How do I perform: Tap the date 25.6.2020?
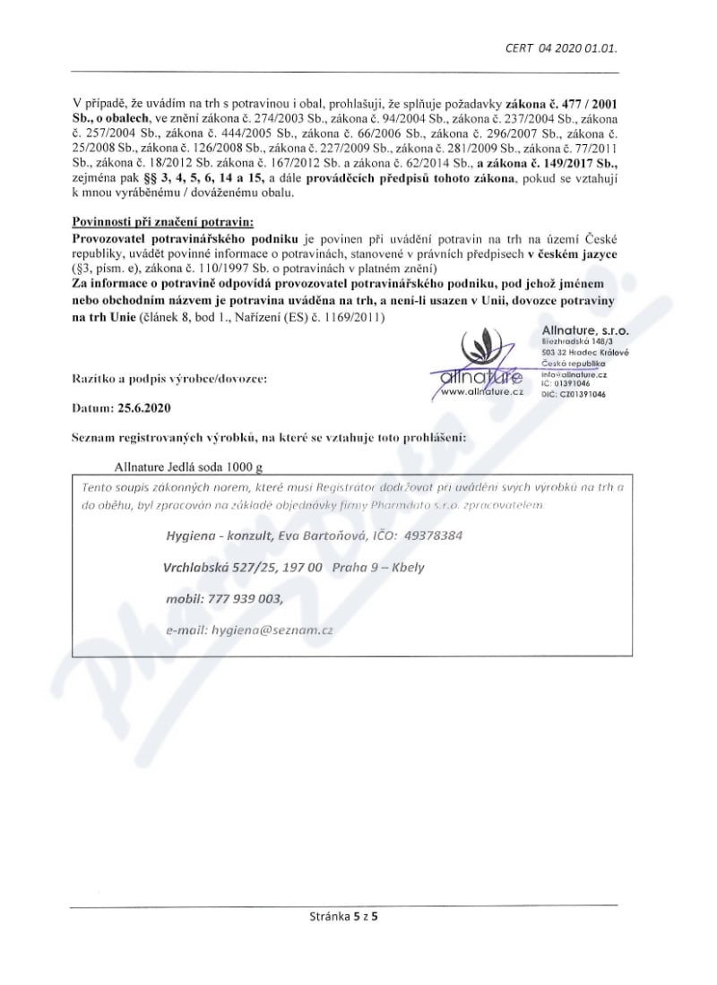[143, 407]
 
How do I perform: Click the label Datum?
[92, 407]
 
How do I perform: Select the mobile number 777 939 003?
[238, 599]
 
